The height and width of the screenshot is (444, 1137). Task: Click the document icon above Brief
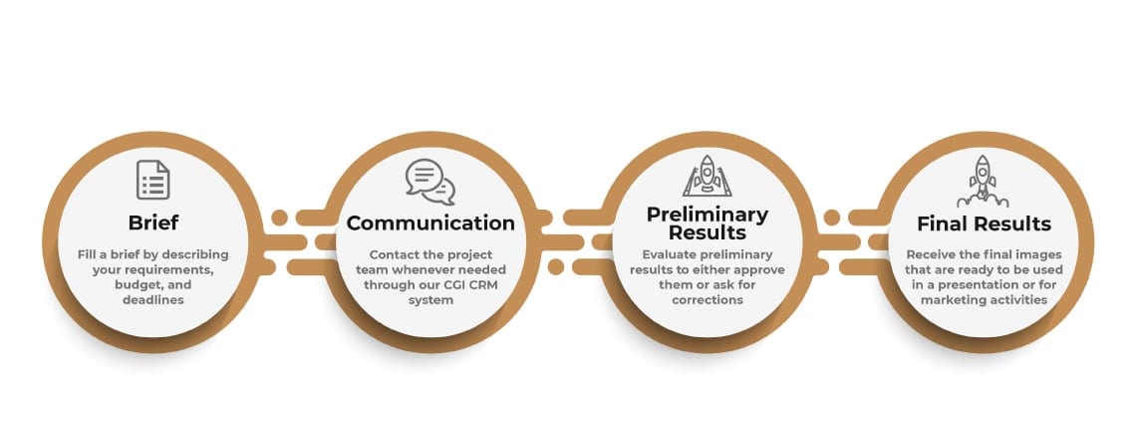tap(153, 180)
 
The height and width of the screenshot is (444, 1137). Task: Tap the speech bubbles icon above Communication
tap(430, 182)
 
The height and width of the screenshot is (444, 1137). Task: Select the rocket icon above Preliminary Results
tap(707, 176)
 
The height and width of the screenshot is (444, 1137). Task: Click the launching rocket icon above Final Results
tap(983, 181)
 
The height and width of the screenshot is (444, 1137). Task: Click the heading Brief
tap(153, 222)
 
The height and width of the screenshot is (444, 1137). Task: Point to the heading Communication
tap(430, 222)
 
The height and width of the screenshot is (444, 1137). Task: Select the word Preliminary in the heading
tap(707, 215)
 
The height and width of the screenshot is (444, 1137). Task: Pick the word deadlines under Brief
tap(153, 299)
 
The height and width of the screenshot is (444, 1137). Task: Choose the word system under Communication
tap(430, 299)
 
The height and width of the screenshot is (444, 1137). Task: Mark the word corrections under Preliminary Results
tap(708, 299)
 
